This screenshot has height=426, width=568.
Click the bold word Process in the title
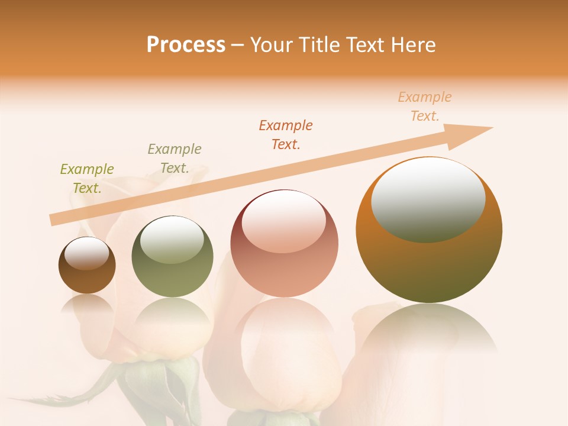(186, 45)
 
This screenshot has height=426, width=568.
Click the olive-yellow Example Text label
(87, 179)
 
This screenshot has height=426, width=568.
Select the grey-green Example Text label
(175, 159)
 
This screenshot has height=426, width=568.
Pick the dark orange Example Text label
(286, 135)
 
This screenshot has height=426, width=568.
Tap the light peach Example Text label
(425, 106)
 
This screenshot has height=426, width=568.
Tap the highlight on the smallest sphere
(86, 253)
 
